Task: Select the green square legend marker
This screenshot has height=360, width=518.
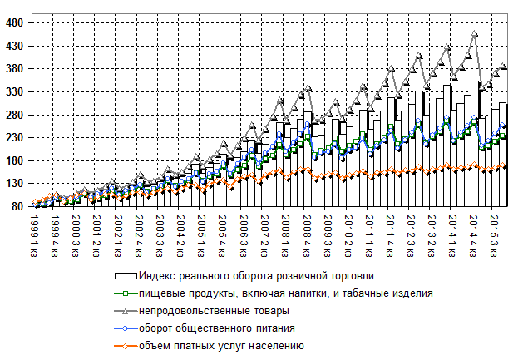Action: coord(125,293)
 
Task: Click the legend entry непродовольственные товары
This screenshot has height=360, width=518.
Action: coord(215,310)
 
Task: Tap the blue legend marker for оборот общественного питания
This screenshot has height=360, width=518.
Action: coord(125,328)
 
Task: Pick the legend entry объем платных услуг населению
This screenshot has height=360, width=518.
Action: coord(222,345)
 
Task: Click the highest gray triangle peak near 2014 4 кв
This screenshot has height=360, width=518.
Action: coord(475,34)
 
